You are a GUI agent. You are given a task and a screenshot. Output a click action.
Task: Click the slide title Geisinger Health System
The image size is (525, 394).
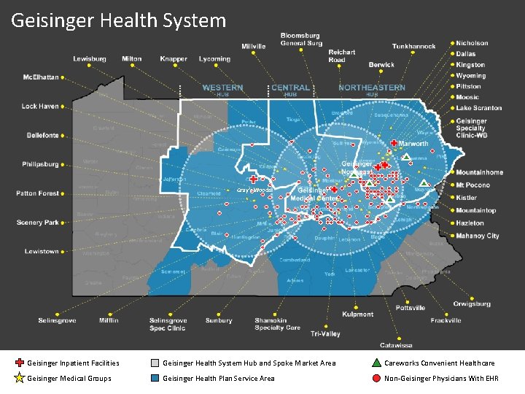(119, 20)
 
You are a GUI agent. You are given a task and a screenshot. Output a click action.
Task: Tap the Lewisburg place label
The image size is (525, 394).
(89, 59)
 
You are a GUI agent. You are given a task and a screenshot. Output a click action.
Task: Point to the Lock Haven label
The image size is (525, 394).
(40, 107)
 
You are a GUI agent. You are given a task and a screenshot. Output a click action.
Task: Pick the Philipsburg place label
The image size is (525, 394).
(40, 164)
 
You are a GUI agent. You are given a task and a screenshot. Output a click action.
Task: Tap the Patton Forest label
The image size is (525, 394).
(38, 193)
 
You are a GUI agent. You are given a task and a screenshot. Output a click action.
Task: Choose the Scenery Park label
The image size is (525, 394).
(38, 223)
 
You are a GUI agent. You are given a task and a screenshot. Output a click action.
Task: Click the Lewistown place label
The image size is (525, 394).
(42, 252)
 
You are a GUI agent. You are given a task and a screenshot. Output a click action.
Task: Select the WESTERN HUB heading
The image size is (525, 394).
(222, 90)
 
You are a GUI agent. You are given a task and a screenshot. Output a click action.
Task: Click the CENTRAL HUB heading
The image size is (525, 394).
(290, 90)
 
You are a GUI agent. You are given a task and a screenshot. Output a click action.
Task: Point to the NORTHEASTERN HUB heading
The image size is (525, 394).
(371, 90)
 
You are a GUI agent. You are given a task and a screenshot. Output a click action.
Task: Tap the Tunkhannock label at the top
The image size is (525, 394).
(415, 46)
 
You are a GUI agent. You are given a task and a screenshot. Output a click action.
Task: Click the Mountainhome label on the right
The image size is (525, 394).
(479, 172)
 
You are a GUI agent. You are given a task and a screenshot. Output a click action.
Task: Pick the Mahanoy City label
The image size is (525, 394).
(478, 236)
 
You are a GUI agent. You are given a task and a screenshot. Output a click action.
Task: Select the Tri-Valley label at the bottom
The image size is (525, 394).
(325, 333)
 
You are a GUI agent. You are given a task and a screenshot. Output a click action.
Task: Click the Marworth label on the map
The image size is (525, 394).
(413, 144)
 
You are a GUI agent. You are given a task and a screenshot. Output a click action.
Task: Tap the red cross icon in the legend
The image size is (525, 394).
(20, 363)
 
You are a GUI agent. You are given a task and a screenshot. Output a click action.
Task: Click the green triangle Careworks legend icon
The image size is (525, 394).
(376, 363)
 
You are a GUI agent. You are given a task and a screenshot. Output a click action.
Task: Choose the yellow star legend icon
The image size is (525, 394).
(20, 378)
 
